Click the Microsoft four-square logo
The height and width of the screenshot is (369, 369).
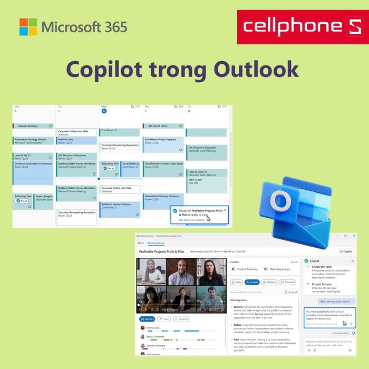28,27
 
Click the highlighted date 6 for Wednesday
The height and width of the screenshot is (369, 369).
104,111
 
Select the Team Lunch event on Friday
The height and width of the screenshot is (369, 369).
206,181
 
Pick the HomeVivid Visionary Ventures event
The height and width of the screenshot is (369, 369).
163,198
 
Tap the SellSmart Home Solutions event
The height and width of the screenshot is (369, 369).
119,206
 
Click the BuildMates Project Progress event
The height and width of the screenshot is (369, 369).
163,141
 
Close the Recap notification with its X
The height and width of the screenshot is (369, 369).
225,210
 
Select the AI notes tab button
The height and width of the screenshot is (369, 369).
253,282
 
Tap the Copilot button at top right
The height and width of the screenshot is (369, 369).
346,251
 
